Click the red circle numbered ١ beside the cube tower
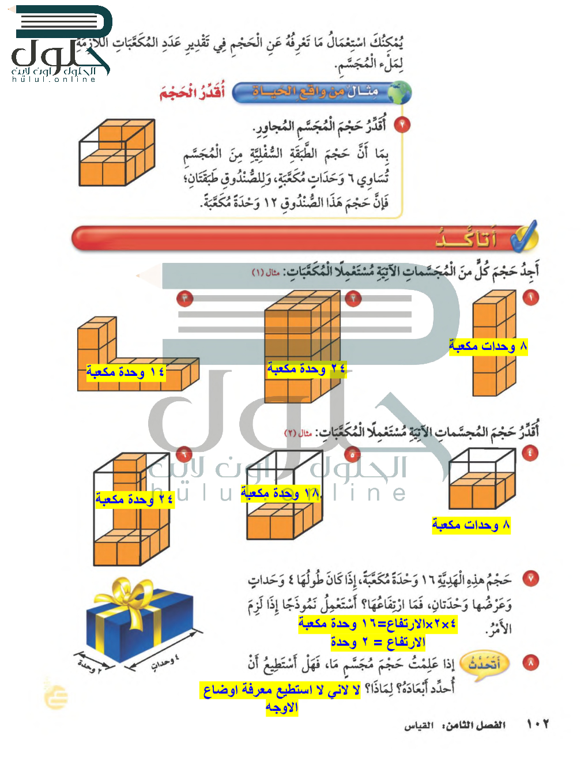point(530,297)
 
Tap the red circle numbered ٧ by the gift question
point(530,578)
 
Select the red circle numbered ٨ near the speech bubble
point(530,663)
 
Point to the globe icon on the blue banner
point(399,92)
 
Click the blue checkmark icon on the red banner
point(524,237)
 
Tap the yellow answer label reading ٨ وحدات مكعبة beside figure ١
point(488,346)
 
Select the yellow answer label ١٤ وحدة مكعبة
point(126,372)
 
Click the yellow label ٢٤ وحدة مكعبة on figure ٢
point(306,368)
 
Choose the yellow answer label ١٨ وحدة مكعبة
point(281,493)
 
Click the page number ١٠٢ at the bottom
point(538,724)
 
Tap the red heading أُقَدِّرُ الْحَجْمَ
point(193,92)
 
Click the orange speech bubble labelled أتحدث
point(484,665)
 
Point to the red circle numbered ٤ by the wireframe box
point(530,453)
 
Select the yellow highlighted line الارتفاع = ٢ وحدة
point(378,642)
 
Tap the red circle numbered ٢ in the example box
point(402,125)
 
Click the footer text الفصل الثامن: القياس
point(455,725)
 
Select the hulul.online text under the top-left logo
point(54,79)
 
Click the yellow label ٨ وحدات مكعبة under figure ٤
point(471,525)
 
